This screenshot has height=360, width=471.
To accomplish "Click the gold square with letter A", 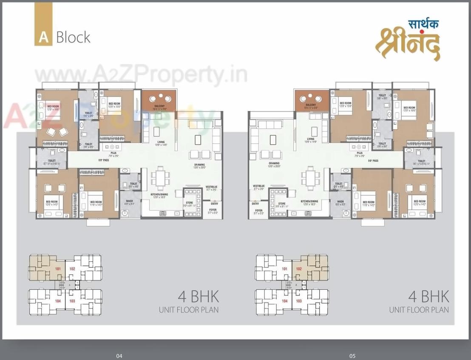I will (x=43, y=37).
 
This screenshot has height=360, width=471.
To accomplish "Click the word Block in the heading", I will (x=73, y=37).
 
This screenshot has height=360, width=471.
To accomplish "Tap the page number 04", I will (x=119, y=356).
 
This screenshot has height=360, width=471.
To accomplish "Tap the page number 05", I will (x=352, y=356).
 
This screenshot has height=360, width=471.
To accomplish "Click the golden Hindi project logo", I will (x=407, y=43).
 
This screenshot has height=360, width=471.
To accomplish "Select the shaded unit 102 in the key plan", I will (x=299, y=269).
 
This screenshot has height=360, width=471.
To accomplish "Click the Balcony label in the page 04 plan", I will (x=159, y=106).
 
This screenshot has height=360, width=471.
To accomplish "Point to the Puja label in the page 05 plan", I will (x=360, y=153).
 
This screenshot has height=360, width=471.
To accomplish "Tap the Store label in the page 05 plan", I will (x=282, y=204).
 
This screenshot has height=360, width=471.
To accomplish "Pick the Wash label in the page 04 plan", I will (x=129, y=202).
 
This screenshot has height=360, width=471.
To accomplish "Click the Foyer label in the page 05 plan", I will (x=258, y=211).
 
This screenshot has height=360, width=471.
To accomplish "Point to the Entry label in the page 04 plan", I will (x=214, y=204).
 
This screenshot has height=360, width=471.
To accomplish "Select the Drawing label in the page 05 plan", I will (x=274, y=163).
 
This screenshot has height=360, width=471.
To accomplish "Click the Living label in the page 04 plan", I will (x=161, y=142).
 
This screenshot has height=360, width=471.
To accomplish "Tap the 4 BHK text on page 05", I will (x=428, y=296).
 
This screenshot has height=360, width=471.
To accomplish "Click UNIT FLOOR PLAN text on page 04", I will (x=189, y=309).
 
